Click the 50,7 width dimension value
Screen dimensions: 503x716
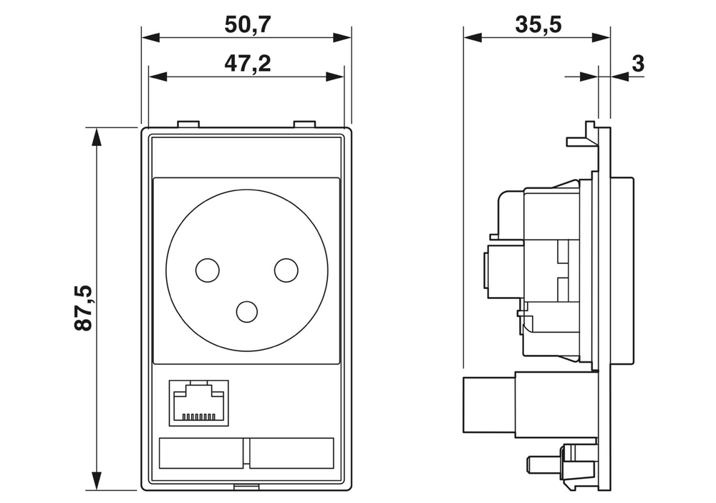coord(247,24)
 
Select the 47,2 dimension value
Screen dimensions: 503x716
coord(247,64)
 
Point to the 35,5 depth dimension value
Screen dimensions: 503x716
coord(538,24)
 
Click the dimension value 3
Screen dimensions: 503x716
coord(638,64)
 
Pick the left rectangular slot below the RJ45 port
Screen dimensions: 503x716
coord(202,452)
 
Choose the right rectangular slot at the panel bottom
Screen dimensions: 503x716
coord(292,452)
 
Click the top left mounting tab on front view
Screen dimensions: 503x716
coord(188,124)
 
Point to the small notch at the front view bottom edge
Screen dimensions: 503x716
coord(247,488)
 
